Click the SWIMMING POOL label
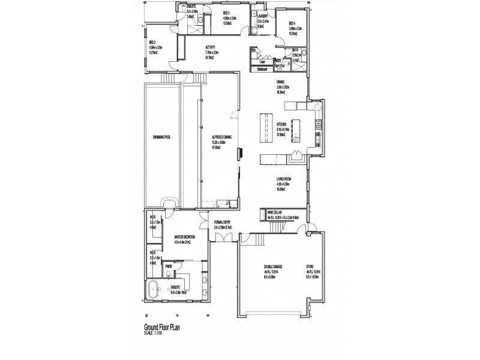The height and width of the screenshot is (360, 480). tap(162, 137)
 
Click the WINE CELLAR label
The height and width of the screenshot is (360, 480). tap(273, 211)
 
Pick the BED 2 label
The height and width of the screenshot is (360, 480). tap(152, 43)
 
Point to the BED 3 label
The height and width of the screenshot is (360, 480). tap(226, 13)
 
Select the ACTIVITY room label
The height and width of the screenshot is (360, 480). tap(211, 47)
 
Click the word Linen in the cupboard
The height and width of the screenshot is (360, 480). tap(262, 62)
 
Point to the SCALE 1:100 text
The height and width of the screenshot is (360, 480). tap(154, 333)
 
